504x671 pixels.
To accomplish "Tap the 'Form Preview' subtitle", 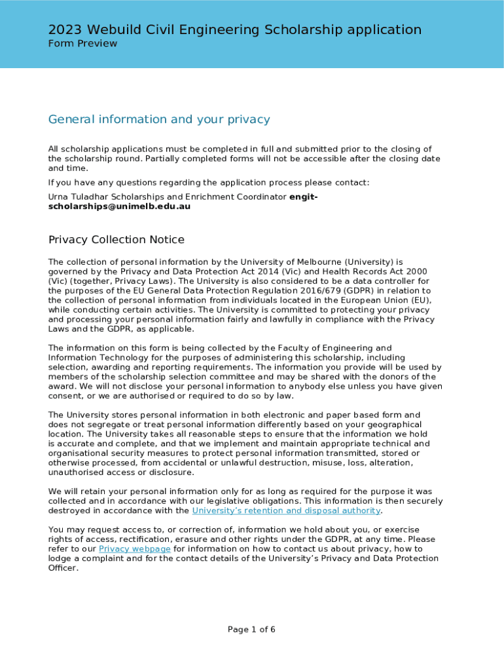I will point(82,44).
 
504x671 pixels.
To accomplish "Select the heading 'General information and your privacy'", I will point(159,119).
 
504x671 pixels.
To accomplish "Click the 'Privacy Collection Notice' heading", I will point(117,240).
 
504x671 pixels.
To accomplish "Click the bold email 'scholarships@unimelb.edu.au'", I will point(119,206).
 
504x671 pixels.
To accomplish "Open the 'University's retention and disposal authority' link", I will point(286,510).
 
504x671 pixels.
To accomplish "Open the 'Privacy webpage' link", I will point(135,548).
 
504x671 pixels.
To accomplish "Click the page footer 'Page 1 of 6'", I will point(251,630).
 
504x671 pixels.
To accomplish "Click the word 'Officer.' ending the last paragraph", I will point(63,568).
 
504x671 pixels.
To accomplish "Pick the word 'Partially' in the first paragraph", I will point(164,159).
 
